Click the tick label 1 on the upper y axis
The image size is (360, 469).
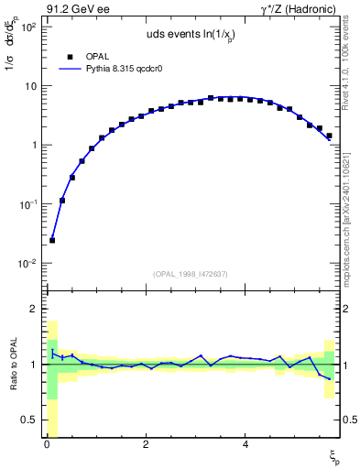[32, 146]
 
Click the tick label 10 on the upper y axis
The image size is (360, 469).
[29, 86]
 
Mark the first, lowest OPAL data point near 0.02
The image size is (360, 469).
[52, 240]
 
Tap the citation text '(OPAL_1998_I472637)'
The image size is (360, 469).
[190, 272]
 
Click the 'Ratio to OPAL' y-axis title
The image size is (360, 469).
[13, 365]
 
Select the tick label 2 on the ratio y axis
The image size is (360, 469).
[33, 309]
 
